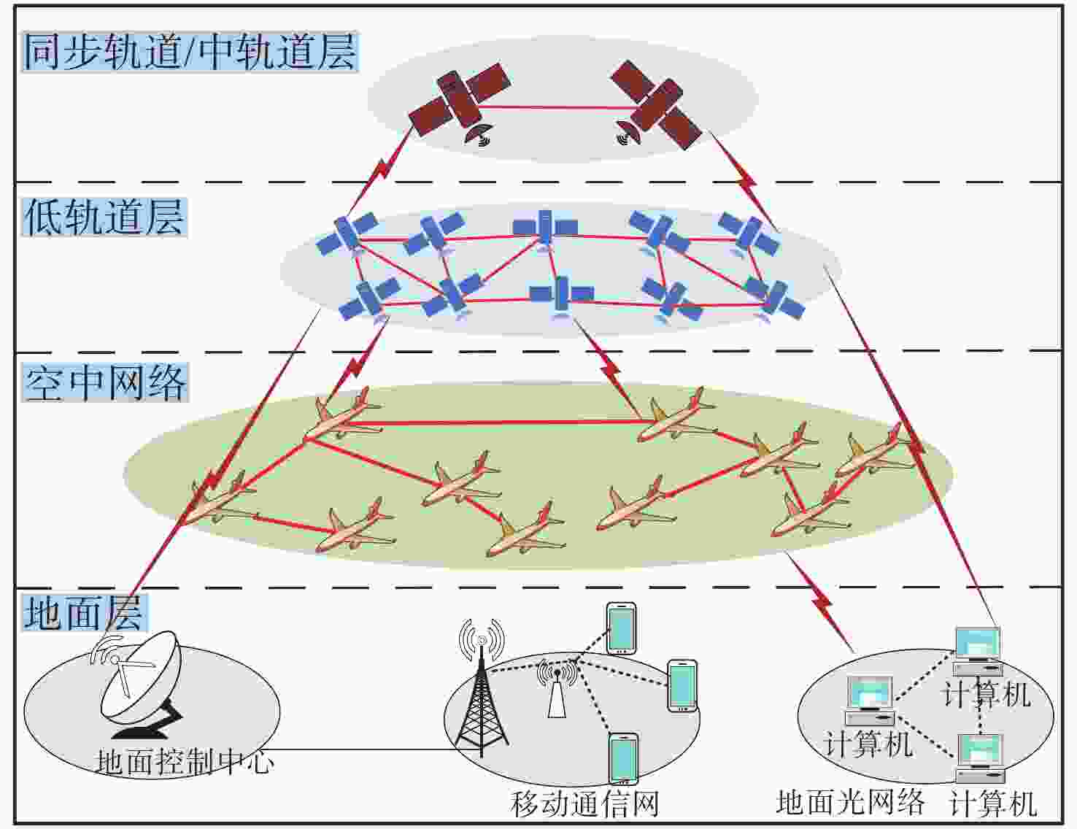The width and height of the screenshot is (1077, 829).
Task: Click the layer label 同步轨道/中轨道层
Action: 189,52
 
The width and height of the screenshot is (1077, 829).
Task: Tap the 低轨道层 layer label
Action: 104,217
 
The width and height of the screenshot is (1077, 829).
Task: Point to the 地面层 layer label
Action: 84,613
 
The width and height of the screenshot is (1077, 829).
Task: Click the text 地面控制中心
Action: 183,762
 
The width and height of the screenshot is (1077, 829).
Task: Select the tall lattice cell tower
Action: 481,689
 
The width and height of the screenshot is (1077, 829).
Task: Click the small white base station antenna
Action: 557,689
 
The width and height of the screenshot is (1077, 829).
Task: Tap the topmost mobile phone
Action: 622,628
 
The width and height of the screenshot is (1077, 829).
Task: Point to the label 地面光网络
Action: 850,802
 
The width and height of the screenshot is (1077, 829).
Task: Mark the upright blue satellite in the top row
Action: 545,228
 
